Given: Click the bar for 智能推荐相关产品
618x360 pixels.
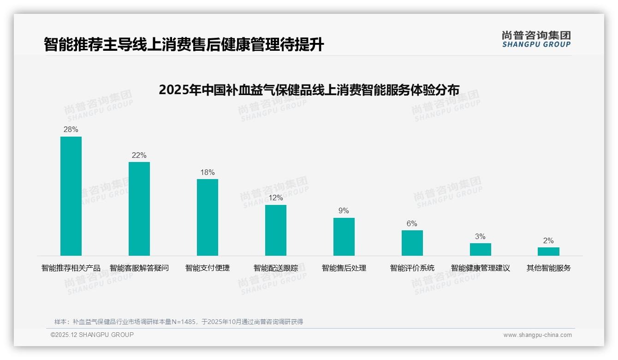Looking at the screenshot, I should pos(71,196).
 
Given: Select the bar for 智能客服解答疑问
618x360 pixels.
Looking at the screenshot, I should pos(139,209).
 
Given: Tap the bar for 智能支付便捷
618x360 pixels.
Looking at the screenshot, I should pos(208,217).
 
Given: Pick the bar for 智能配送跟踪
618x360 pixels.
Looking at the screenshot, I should pos(276,230).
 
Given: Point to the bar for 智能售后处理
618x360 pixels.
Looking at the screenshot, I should pos(344,237).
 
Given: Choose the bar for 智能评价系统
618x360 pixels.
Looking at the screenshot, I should pos(412,243).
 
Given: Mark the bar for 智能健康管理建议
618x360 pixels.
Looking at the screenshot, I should pos(481,249).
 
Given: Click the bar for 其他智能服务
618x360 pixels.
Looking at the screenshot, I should pos(548,252).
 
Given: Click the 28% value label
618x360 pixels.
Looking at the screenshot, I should pos(71,130).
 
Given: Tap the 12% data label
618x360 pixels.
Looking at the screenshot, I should pos(276,198).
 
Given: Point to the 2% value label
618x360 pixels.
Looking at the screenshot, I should pos(548,241).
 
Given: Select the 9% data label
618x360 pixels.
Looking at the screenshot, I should pos(344,211).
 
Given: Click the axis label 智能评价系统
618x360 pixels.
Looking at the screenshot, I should pos(412,268).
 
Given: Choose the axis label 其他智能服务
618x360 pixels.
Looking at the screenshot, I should pos(549,268).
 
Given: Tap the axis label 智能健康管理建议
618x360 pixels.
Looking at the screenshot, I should pos(481,268).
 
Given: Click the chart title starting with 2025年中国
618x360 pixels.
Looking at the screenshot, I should pos(309,90).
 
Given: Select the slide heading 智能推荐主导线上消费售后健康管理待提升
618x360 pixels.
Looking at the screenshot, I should pos(184,45).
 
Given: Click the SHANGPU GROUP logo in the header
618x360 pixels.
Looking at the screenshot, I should pos(536,39).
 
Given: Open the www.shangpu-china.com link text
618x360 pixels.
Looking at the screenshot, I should pos(537,335).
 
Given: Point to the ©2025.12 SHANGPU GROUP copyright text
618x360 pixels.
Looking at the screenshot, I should pos(92,335).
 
